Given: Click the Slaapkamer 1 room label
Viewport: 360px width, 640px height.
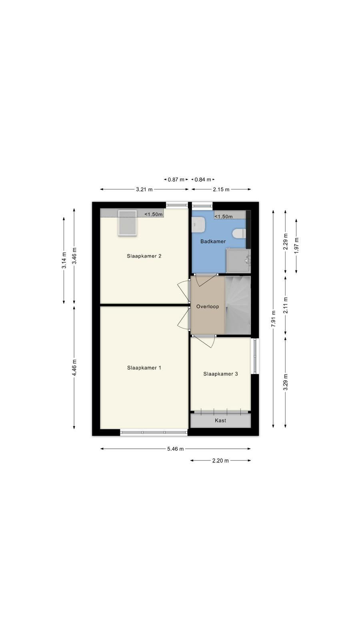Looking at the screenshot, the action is tap(144, 368).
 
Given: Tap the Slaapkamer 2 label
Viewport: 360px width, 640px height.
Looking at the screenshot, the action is tap(144, 256).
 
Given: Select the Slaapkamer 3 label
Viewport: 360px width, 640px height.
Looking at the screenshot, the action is tap(220, 374).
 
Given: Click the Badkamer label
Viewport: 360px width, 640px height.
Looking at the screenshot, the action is tap(213, 242).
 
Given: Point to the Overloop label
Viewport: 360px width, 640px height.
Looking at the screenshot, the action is tap(208, 306).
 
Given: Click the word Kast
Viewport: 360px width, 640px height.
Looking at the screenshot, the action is tap(220, 420).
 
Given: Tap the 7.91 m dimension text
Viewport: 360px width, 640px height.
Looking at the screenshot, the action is tap(274, 318).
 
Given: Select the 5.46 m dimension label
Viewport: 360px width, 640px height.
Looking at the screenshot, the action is tap(176, 449).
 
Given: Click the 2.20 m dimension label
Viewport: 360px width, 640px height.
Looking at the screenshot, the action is tap(220, 460).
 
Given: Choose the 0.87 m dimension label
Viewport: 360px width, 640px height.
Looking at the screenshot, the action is tap(176, 180).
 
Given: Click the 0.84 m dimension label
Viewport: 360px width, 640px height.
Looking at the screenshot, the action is tap(203, 180).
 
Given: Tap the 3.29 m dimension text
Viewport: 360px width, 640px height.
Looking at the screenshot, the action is tap(286, 382).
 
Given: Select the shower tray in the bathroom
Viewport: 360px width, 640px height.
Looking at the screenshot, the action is tap(238, 260).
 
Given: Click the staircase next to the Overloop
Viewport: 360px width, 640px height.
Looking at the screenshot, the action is tap(238, 305).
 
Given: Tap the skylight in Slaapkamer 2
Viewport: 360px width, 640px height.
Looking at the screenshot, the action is tap(128, 223).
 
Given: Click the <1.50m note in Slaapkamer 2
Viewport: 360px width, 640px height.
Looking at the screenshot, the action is tap(154, 214).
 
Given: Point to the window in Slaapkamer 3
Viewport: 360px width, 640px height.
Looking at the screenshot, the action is tap(255, 356).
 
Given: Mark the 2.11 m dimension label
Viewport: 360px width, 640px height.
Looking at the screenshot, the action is tap(286, 305).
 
